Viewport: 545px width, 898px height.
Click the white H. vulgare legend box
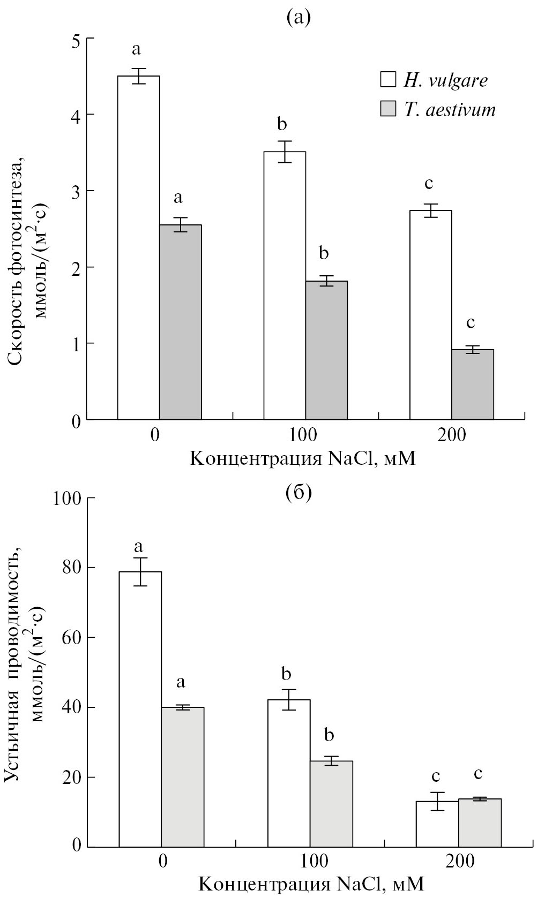pos(387,80)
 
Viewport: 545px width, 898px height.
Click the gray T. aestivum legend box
pos(387,110)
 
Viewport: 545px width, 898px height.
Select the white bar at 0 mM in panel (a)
pos(138,246)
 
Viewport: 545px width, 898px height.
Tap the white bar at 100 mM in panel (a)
pos(285,284)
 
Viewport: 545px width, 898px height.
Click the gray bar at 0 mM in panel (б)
pos(182,776)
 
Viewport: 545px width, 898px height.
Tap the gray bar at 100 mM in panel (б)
pos(331,803)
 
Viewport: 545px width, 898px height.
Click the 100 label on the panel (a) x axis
pos(303,434)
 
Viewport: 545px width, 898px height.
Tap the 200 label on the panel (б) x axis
pos(459,862)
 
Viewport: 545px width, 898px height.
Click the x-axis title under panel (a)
pos(303,459)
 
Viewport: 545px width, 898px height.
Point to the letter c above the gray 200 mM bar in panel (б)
pos(479,774)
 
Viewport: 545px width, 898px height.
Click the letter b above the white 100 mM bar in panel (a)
pos(282,125)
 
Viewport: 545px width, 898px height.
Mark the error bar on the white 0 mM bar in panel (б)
pos(140,571)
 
